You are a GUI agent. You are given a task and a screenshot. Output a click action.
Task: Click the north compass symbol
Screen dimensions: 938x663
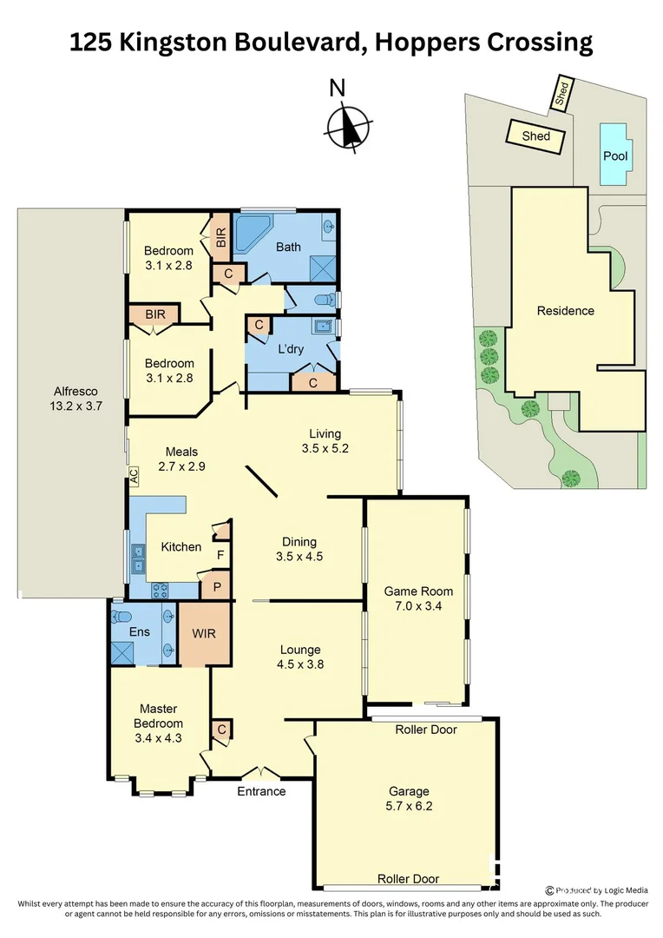(348, 127)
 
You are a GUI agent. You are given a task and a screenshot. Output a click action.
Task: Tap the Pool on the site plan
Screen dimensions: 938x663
(615, 155)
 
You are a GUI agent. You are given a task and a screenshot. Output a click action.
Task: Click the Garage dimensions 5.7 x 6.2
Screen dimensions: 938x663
(408, 807)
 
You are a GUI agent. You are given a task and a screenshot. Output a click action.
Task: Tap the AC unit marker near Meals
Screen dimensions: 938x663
(134, 475)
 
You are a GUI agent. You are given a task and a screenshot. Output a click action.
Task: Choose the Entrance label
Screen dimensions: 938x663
(261, 791)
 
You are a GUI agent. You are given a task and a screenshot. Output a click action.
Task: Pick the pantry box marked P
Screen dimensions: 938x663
(216, 587)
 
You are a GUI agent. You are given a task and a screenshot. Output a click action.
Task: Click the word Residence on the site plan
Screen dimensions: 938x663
(565, 311)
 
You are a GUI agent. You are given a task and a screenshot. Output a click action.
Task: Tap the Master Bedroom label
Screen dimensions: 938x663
(159, 716)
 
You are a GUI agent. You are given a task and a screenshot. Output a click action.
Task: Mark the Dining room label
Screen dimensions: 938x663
(299, 542)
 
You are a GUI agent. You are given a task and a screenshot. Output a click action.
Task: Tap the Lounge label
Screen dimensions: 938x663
(300, 650)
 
